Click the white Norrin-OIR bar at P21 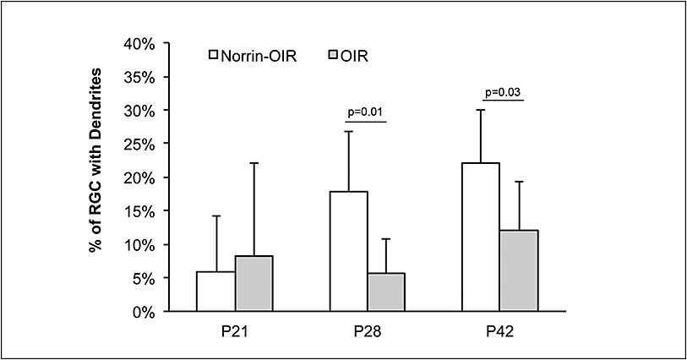(x=215, y=292)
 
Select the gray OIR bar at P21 (x=254, y=284)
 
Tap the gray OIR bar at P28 (x=386, y=292)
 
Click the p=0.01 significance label (x=366, y=111)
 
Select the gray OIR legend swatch (x=333, y=56)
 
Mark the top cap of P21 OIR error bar (x=254, y=163)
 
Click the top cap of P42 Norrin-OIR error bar (x=481, y=110)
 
